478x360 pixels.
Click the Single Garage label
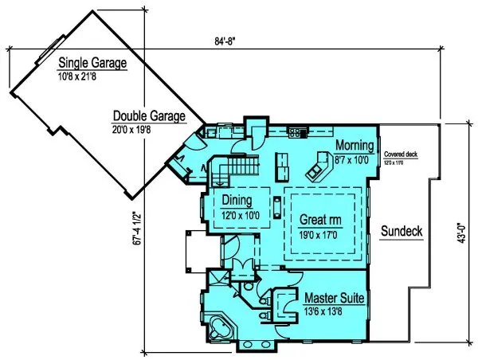tap(92, 63)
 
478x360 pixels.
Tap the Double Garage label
tap(149, 115)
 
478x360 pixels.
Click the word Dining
tap(237, 200)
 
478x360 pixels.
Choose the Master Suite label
tap(335, 299)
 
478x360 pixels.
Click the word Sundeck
tap(402, 232)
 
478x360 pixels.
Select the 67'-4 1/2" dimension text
tap(136, 239)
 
